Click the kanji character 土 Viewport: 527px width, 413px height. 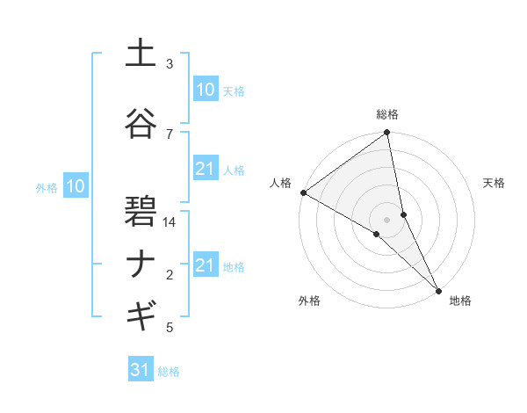[141, 54]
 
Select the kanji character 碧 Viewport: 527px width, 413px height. [141, 212]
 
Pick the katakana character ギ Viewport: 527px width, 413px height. [141, 314]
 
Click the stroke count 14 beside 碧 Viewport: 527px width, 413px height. [170, 222]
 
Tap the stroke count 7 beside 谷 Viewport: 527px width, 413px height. [170, 134]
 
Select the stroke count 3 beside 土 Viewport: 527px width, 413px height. [170, 64]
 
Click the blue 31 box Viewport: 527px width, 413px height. [141, 370]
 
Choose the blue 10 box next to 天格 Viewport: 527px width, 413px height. [205, 90]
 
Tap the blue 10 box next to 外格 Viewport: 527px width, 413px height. [75, 185]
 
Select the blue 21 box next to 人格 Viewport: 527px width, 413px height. [205, 169]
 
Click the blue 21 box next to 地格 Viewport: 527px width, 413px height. [205, 265]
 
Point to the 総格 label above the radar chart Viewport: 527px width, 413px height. [387, 115]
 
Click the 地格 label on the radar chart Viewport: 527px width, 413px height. [460, 301]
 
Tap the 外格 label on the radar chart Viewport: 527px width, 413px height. [309, 301]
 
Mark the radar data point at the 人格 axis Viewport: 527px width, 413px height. [303, 192]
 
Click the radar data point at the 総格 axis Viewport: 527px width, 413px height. [387, 134]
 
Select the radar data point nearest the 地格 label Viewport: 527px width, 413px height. [438, 288]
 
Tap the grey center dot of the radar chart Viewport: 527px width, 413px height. [387, 219]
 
